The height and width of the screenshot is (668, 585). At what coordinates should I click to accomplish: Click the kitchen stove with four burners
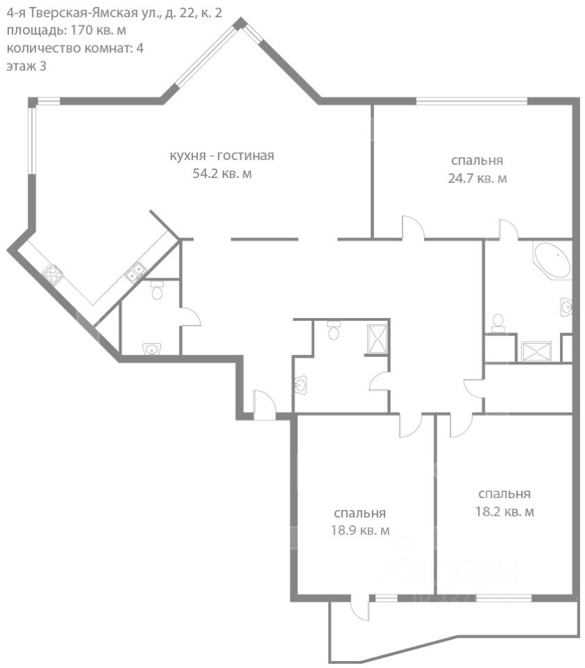tap(54, 275)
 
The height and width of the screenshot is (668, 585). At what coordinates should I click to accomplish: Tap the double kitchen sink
tap(136, 273)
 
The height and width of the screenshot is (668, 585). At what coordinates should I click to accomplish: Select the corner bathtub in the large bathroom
tap(552, 260)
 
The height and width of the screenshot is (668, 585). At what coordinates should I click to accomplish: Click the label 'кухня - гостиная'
tap(221, 156)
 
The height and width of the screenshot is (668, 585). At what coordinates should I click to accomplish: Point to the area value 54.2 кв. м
tap(222, 174)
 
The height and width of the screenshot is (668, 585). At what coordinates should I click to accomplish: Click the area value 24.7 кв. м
tap(477, 178)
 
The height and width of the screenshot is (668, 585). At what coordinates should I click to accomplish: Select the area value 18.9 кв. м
tap(360, 530)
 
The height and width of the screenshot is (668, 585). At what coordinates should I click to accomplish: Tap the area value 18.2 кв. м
tap(504, 511)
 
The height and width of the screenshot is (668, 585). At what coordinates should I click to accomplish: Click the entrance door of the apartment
tap(265, 406)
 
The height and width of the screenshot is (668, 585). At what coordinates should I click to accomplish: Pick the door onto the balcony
tap(359, 607)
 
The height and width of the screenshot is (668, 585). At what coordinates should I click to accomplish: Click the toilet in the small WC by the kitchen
tap(157, 290)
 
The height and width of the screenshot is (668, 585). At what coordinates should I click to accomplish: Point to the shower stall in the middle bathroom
tap(377, 339)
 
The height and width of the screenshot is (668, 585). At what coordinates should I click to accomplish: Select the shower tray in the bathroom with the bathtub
tap(536, 351)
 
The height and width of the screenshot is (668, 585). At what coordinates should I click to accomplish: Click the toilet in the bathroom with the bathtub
tap(497, 323)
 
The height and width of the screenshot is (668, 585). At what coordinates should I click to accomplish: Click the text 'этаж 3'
tap(26, 67)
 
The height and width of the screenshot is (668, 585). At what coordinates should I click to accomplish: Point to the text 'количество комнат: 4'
tap(75, 48)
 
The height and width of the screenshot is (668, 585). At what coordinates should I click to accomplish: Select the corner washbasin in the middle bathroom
tap(301, 385)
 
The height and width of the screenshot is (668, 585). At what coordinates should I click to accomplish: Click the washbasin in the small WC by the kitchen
tap(152, 349)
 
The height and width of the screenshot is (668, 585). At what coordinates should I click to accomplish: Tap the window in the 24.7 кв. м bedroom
tap(471, 102)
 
